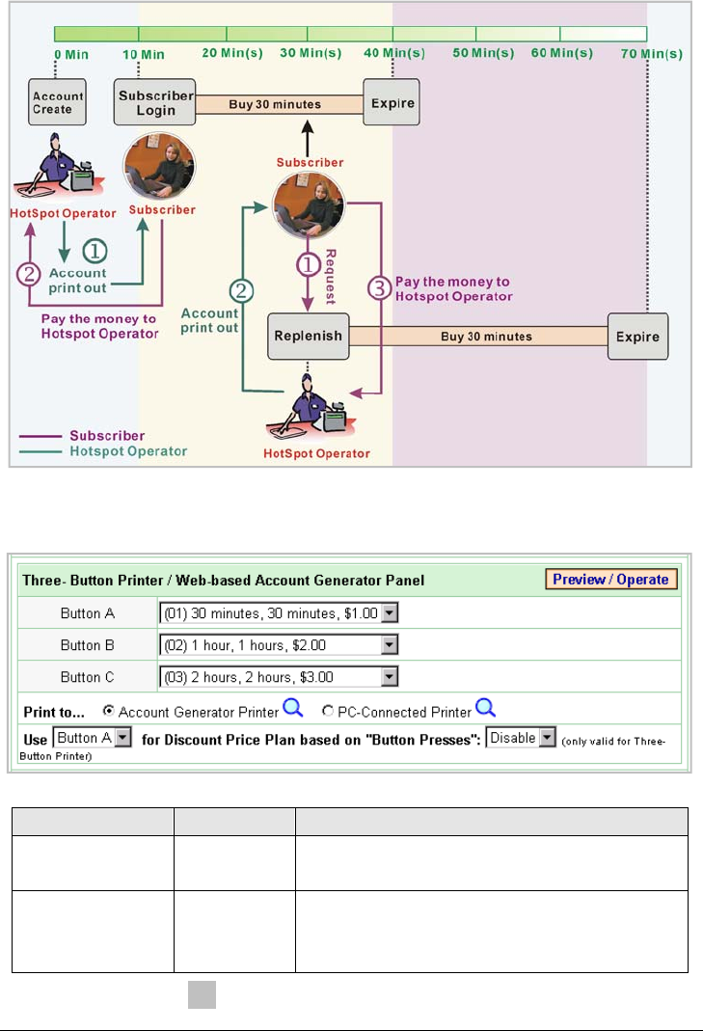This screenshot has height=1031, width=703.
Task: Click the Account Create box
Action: [x=59, y=102]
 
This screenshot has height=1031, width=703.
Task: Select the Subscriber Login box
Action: [x=155, y=102]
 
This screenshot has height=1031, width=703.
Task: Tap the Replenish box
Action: [x=308, y=337]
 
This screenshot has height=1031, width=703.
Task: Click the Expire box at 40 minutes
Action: [x=392, y=102]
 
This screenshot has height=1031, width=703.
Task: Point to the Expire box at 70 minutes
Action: [x=637, y=337]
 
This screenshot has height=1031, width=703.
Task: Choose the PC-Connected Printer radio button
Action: [x=328, y=712]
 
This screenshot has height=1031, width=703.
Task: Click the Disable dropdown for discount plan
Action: [x=522, y=738]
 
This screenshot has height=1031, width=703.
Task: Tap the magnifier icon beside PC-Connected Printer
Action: [x=486, y=710]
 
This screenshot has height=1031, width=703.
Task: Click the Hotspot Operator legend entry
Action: [x=128, y=450]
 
